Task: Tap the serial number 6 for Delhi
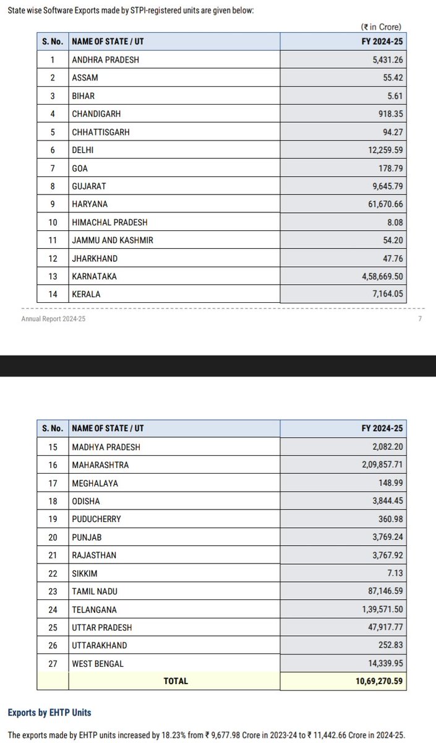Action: click(x=53, y=150)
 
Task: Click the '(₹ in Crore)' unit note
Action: click(x=381, y=27)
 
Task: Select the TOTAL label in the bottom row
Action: click(x=175, y=680)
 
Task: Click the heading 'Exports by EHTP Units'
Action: click(x=49, y=713)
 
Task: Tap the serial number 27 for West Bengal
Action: click(x=53, y=663)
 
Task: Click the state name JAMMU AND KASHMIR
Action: click(x=111, y=240)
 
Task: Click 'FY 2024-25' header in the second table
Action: click(x=382, y=428)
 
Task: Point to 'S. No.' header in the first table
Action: click(x=53, y=41)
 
